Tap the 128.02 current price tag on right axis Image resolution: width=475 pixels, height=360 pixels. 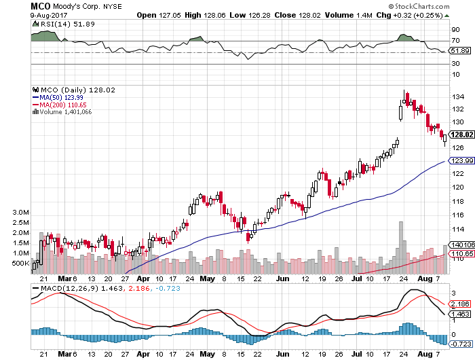[462, 134]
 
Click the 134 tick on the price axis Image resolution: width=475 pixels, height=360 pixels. [458, 96]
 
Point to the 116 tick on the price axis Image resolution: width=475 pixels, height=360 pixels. [458, 214]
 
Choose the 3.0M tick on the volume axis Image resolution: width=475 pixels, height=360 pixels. [20, 213]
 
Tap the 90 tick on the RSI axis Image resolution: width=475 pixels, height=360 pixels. [457, 29]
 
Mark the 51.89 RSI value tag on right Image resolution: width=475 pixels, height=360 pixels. [462, 51]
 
